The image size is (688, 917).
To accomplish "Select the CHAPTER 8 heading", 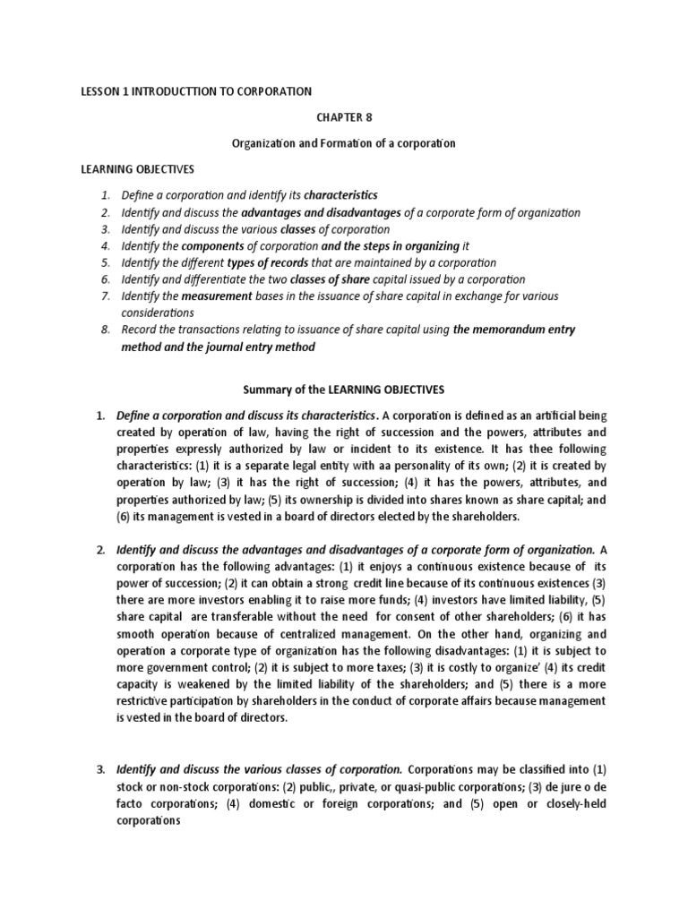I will (344, 116).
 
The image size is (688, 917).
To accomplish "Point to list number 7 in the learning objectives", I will (104, 296).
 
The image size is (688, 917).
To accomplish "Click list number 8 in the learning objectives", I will (104, 330).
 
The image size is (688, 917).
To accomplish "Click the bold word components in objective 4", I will (215, 245).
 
